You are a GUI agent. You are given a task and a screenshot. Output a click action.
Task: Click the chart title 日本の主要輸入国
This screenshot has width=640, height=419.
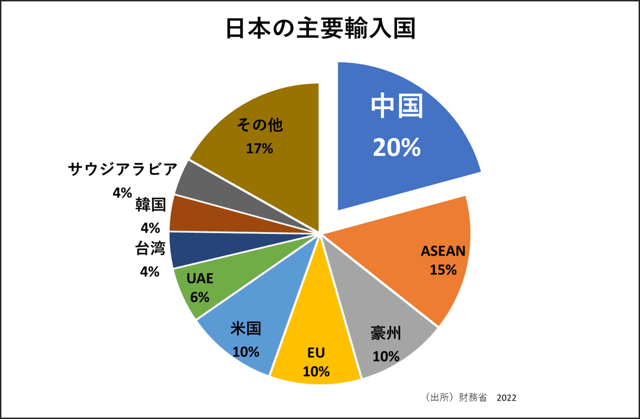coord(320,30)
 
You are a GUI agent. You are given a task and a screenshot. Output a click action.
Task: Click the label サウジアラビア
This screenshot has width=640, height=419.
coord(123,170)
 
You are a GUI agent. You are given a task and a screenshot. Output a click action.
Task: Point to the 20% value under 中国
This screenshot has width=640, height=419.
coord(396,147)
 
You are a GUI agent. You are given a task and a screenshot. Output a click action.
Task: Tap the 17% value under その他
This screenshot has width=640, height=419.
coord(259,148)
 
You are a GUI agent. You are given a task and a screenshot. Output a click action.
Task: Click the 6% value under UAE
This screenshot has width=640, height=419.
coord(200,296)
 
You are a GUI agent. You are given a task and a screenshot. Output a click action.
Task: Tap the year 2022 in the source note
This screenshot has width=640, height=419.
coord(506,398)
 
